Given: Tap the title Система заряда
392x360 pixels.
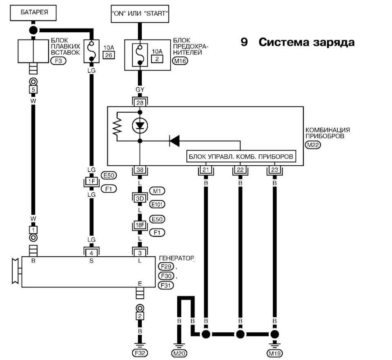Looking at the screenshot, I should pyautogui.click(x=306, y=42).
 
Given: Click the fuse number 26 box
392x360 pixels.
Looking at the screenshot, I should pyautogui.click(x=109, y=55).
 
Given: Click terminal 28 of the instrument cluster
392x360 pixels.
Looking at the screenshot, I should pyautogui.click(x=140, y=102).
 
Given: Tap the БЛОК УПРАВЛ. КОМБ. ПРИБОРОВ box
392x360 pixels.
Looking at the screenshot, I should pyautogui.click(x=241, y=157).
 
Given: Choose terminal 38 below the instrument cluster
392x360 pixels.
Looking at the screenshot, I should pyautogui.click(x=140, y=170).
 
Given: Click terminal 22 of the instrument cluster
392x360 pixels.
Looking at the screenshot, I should pyautogui.click(x=240, y=170).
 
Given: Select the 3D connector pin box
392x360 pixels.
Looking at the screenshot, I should pyautogui.click(x=140, y=198).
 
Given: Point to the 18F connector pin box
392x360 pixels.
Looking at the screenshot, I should pyautogui.click(x=140, y=225).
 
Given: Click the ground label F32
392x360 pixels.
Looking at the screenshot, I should pyautogui.click(x=140, y=352).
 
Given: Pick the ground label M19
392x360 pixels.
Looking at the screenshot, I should pyautogui.click(x=275, y=352).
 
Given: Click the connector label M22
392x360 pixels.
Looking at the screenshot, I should pyautogui.click(x=313, y=144).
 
